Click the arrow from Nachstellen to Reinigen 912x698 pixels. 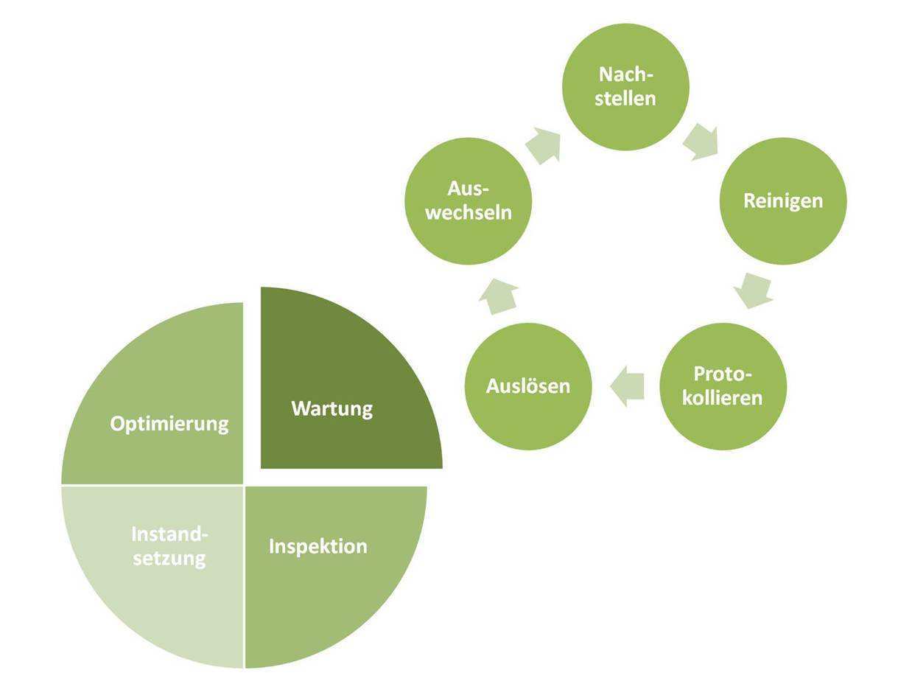[x=701, y=142]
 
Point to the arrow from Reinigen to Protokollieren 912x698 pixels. [x=754, y=290]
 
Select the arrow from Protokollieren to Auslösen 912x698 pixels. [x=627, y=385]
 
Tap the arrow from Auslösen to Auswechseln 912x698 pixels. [x=498, y=296]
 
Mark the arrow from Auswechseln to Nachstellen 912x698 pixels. [x=544, y=144]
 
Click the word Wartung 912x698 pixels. [x=332, y=408]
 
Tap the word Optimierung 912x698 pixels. [x=169, y=424]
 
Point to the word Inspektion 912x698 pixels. [x=318, y=546]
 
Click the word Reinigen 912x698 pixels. [x=782, y=200]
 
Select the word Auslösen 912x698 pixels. [x=527, y=385]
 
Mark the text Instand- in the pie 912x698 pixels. [x=169, y=534]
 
